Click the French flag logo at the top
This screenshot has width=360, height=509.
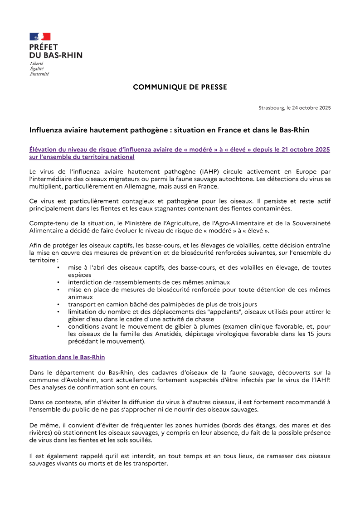(x=40, y=37)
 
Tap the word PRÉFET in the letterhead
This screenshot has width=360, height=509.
(x=44, y=47)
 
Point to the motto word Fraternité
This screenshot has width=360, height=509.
(x=39, y=74)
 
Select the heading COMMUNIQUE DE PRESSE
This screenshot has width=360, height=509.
(x=180, y=87)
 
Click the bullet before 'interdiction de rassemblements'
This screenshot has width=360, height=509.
(x=59, y=282)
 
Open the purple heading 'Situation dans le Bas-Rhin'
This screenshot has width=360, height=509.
(x=67, y=357)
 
